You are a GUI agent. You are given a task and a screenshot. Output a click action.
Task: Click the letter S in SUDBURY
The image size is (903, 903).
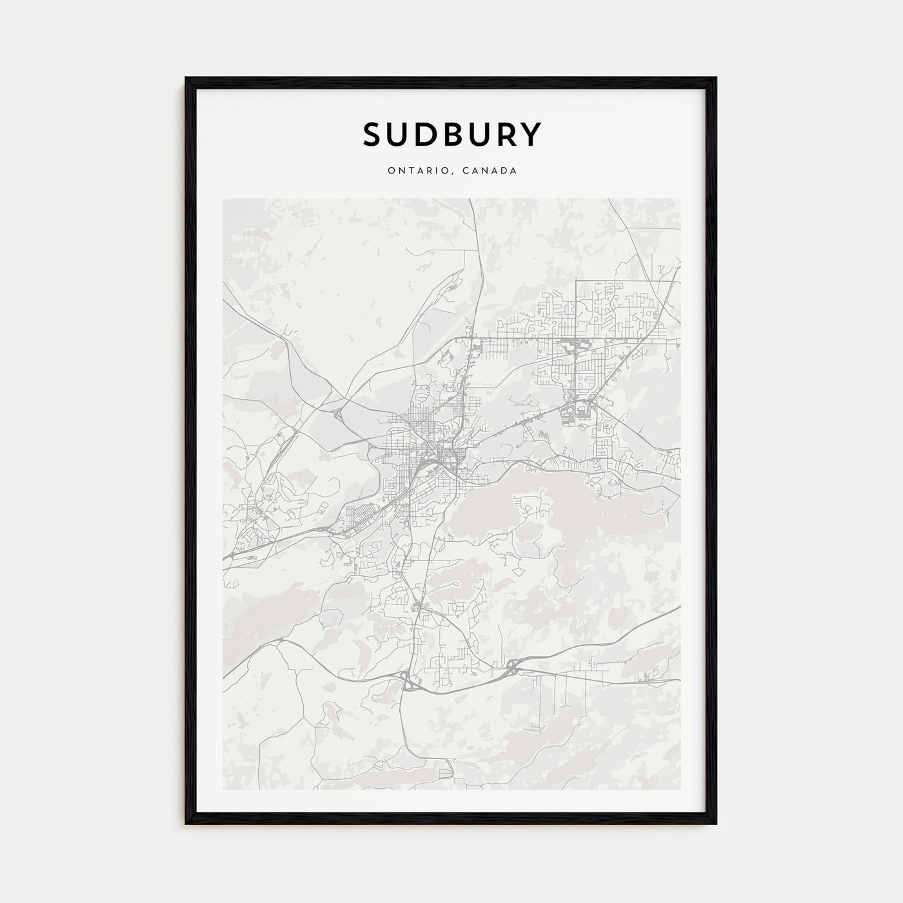374,135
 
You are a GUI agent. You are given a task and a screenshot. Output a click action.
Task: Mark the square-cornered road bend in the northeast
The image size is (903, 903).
577,282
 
